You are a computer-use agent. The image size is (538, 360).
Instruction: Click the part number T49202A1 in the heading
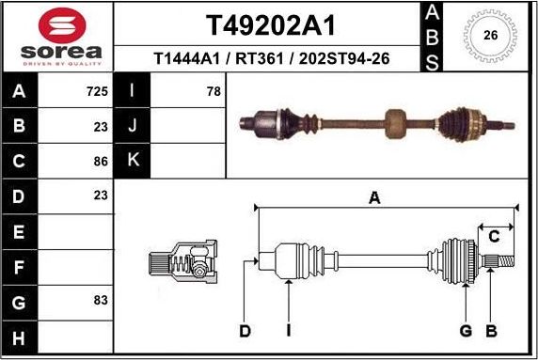point(269,23)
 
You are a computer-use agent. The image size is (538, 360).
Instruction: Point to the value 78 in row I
point(214,92)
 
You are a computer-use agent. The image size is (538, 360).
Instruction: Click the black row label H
point(19,336)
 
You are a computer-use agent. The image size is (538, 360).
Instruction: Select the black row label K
point(133,161)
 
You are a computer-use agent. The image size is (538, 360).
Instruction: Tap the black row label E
point(19,231)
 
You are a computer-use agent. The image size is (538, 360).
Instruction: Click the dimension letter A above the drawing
point(374,197)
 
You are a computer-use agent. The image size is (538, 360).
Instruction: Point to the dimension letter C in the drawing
point(494,236)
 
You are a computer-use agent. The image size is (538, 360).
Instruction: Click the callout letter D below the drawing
point(245,330)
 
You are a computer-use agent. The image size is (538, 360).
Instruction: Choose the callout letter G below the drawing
point(465,330)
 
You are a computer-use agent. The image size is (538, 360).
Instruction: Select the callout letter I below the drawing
point(290,330)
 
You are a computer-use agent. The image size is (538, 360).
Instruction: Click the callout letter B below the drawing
point(490,330)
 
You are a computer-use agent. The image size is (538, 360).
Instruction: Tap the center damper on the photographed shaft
point(396,120)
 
